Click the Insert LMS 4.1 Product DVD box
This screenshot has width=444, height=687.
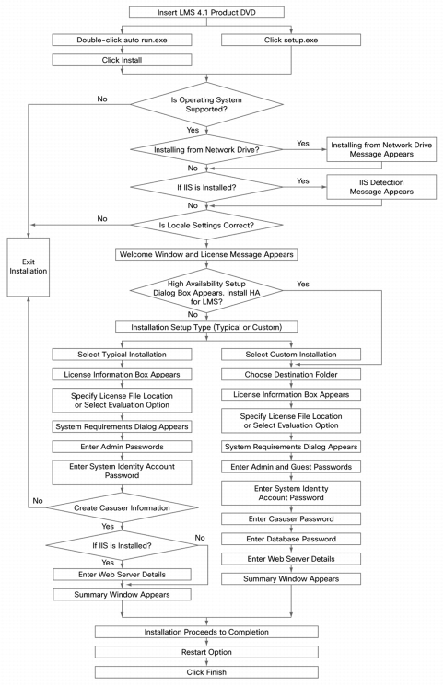coord(206,12)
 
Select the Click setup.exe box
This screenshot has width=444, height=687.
coord(291,40)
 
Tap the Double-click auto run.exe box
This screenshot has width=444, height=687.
coord(122,40)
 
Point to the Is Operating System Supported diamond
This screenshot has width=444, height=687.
coord(206,104)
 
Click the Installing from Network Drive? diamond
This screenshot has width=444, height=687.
coord(206,150)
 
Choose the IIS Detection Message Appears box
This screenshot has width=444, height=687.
coord(381,187)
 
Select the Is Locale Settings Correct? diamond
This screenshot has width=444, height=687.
coord(206,226)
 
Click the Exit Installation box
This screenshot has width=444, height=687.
coord(28,267)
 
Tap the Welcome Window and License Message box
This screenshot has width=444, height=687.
coord(206,254)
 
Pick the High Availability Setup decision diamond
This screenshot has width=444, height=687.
coord(206,291)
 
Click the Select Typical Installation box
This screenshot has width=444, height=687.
coord(122,355)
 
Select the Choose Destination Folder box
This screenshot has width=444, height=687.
coord(291,375)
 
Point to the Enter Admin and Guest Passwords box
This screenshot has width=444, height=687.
coord(291,467)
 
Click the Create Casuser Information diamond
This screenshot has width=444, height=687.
coord(122,507)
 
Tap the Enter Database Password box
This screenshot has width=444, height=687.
coord(291,539)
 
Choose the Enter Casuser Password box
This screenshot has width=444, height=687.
coord(291,518)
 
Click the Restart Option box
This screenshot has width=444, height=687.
coord(206,652)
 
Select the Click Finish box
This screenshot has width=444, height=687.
coord(206,672)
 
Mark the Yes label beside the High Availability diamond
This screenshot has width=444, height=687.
coord(303,284)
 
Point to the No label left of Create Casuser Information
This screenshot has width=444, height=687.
coord(38,500)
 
